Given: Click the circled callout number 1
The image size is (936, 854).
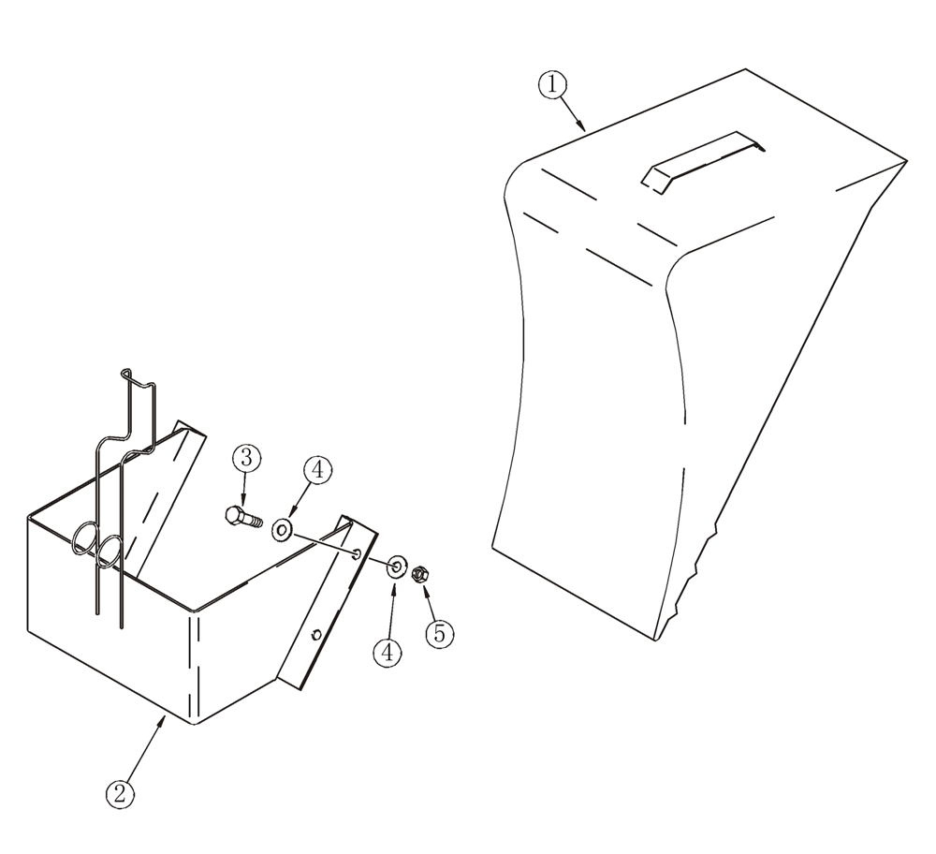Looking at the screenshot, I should tap(551, 84).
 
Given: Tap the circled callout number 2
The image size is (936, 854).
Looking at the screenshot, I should tap(119, 795).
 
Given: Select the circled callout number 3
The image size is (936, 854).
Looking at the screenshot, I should tap(245, 458).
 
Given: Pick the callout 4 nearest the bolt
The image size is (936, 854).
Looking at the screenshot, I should tap(316, 471).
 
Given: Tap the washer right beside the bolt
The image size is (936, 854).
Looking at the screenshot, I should tap(282, 531).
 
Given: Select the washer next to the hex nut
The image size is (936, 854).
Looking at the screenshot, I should tap(395, 565).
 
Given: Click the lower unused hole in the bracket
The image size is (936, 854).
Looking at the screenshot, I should tap(316, 635).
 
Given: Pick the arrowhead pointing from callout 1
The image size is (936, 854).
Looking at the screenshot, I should tap(583, 127).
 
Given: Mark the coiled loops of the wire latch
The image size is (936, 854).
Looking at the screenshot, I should tap(97, 545).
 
